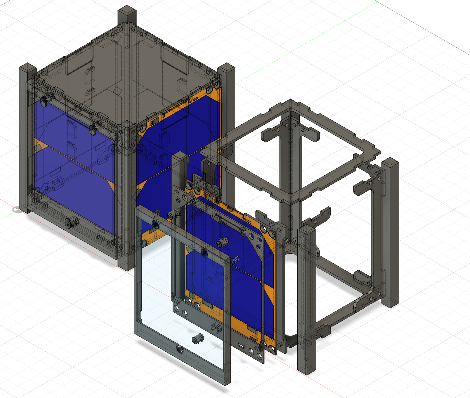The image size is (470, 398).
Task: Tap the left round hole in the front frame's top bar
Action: [155, 224]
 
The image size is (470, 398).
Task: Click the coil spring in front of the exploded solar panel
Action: [236, 260]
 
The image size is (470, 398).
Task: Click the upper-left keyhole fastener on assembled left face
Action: [45, 101]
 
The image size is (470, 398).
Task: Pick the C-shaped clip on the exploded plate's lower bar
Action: [215, 327]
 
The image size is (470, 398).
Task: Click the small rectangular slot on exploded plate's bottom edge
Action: [241, 346]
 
